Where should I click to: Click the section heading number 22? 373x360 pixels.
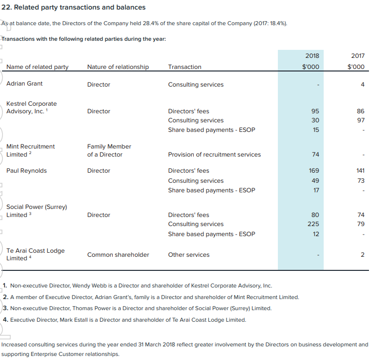tap(7, 8)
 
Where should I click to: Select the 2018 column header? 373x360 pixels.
tap(312, 56)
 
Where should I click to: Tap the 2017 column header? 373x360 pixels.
tap(358, 56)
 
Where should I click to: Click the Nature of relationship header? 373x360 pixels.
tap(118, 67)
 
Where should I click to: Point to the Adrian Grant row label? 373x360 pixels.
tap(24, 84)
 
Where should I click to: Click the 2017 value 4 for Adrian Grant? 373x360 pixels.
tap(362, 85)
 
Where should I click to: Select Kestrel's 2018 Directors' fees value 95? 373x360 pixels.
tap(315, 111)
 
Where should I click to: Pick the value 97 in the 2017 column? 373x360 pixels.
tap(361, 120)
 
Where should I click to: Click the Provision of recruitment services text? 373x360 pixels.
tap(214, 155)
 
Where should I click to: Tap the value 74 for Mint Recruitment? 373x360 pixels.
tap(316, 155)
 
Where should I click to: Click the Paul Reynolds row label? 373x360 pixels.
tap(26, 171)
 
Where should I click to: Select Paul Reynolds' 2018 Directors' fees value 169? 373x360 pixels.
tap(314, 171)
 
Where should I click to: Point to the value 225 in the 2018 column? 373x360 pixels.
tap(313, 224)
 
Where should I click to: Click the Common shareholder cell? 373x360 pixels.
tap(118, 255)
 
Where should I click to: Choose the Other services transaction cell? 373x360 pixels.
tap(189, 255)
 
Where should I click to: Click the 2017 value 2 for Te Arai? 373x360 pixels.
tap(362, 255)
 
